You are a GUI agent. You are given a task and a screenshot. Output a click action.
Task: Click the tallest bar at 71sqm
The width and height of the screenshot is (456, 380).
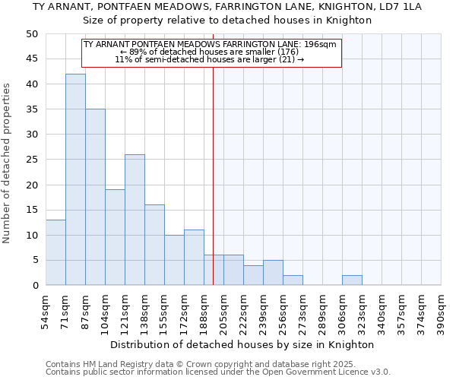[75, 179]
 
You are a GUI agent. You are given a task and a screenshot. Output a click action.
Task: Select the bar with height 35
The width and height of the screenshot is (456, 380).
[95, 197]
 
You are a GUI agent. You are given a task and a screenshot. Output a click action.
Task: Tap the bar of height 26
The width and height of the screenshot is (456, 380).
[135, 220]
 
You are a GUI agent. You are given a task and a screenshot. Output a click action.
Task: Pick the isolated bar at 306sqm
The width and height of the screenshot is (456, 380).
[352, 280]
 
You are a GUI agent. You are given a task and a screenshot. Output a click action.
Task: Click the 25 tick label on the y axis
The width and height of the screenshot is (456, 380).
[32, 160]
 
